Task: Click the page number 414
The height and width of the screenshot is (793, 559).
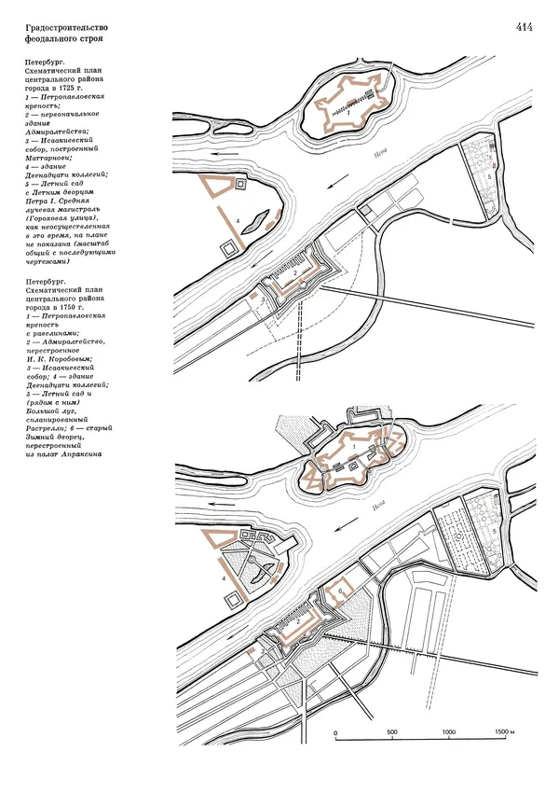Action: [x=523, y=27]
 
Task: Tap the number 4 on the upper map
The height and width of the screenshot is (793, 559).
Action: [x=239, y=221]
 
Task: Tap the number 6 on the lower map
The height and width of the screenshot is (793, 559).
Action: [x=342, y=591]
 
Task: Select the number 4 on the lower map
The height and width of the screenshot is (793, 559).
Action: [x=224, y=578]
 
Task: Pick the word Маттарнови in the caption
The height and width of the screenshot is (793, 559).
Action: [x=58, y=157]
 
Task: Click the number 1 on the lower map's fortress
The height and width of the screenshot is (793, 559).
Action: [x=354, y=449]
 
